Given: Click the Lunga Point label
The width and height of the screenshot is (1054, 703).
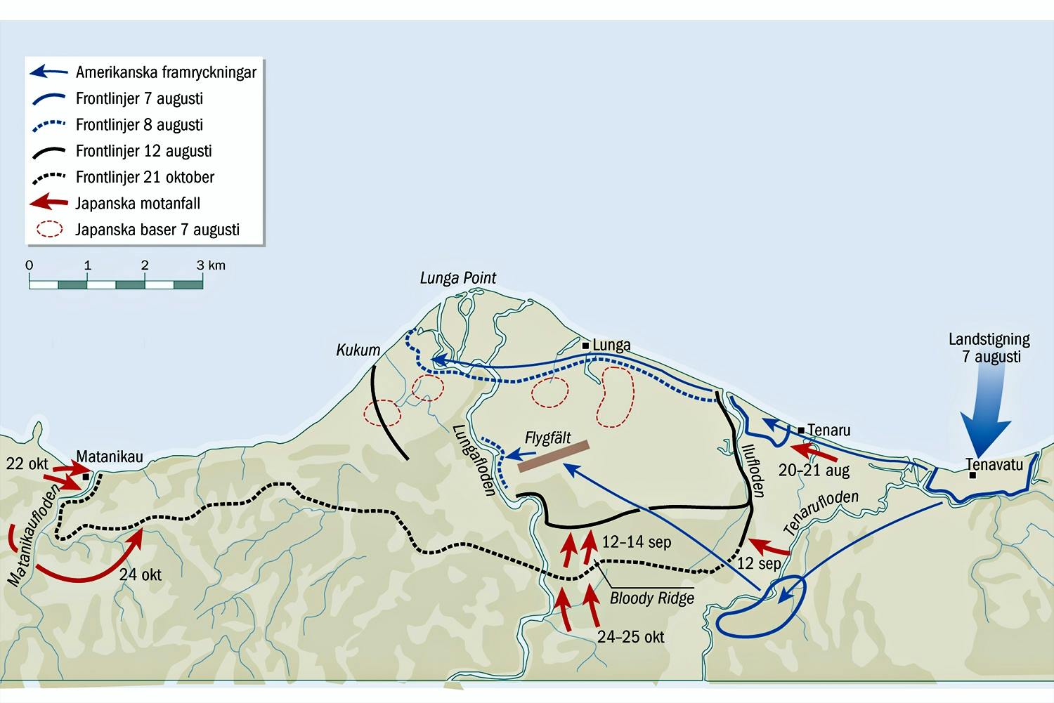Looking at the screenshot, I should pos(457,278).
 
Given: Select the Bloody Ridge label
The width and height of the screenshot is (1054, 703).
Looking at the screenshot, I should pos(651,598).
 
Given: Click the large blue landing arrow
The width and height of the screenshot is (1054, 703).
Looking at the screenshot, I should pos(987,414).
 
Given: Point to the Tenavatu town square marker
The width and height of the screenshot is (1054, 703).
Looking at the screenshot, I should pos(972,475).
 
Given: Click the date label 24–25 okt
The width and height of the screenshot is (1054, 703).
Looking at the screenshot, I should pos(630,637).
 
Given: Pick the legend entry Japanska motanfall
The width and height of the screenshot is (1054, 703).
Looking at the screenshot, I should pos(138,204).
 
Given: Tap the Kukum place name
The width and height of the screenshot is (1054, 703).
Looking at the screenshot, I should pos(358,350).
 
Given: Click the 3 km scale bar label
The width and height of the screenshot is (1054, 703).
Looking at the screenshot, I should pos(212,265).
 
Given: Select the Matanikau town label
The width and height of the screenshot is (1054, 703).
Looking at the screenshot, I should pos(110,456).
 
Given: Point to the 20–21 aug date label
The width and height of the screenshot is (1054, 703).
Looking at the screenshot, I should pos(814,471).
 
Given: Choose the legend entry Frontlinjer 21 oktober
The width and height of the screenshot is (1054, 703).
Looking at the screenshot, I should pos(145,177).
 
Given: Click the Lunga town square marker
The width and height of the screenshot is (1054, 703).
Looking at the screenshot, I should pos(585,346).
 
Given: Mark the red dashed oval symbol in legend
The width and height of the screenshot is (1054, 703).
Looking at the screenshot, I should pos(49,230).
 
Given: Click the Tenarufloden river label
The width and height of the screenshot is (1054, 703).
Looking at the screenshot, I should pos(821,512).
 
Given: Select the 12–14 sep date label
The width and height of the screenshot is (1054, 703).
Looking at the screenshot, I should pos(636,542).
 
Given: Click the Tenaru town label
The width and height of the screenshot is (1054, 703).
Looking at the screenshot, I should pos(828,430).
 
